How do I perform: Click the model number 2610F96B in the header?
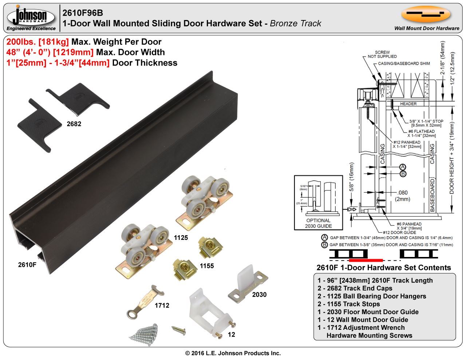tap(83, 13)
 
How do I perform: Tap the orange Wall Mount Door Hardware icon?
tap(426, 14)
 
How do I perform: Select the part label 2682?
tap(74, 124)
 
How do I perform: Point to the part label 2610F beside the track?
tap(27, 265)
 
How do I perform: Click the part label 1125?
tap(181, 238)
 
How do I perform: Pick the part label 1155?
tap(206, 266)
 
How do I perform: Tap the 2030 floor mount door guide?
tap(248, 284)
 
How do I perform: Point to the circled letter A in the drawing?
tap(403, 167)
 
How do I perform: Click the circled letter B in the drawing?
tap(403, 174)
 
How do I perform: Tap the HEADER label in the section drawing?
tap(408, 104)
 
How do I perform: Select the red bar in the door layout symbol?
tap(366, 260)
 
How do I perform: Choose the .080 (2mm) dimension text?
tap(403, 196)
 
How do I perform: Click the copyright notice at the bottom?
tap(233, 353)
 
